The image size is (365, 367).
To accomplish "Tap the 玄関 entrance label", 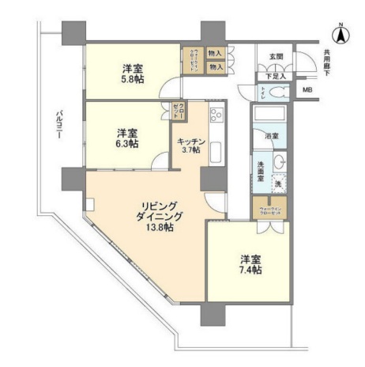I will [x=276, y=56].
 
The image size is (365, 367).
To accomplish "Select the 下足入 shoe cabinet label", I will [x=274, y=78].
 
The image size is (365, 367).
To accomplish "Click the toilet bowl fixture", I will [x=279, y=93].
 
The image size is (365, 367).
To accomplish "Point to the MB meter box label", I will [x=307, y=91].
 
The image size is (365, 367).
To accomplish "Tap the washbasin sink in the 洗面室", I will [x=279, y=162].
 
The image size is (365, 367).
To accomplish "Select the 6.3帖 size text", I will [x=128, y=144].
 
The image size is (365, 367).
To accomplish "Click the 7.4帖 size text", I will [x=252, y=270].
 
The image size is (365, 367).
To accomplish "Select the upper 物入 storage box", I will [x=215, y=55].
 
